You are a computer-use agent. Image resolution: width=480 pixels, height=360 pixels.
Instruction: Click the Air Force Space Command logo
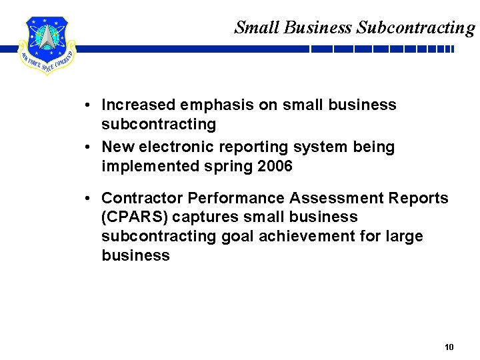[x=47, y=45]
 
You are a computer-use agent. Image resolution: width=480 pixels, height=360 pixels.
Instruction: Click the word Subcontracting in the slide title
[x=416, y=27]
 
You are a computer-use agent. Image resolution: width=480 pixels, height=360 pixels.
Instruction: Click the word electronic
[x=175, y=147]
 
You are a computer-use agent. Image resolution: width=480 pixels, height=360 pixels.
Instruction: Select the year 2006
[x=274, y=166]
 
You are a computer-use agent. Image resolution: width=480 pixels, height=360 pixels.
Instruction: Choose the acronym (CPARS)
[x=135, y=217]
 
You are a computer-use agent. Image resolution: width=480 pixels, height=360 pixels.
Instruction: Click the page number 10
[x=449, y=347]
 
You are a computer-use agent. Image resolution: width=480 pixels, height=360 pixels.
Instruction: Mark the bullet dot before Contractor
[x=88, y=198]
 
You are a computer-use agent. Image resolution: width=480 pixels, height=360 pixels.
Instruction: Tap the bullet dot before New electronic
[x=88, y=147]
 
